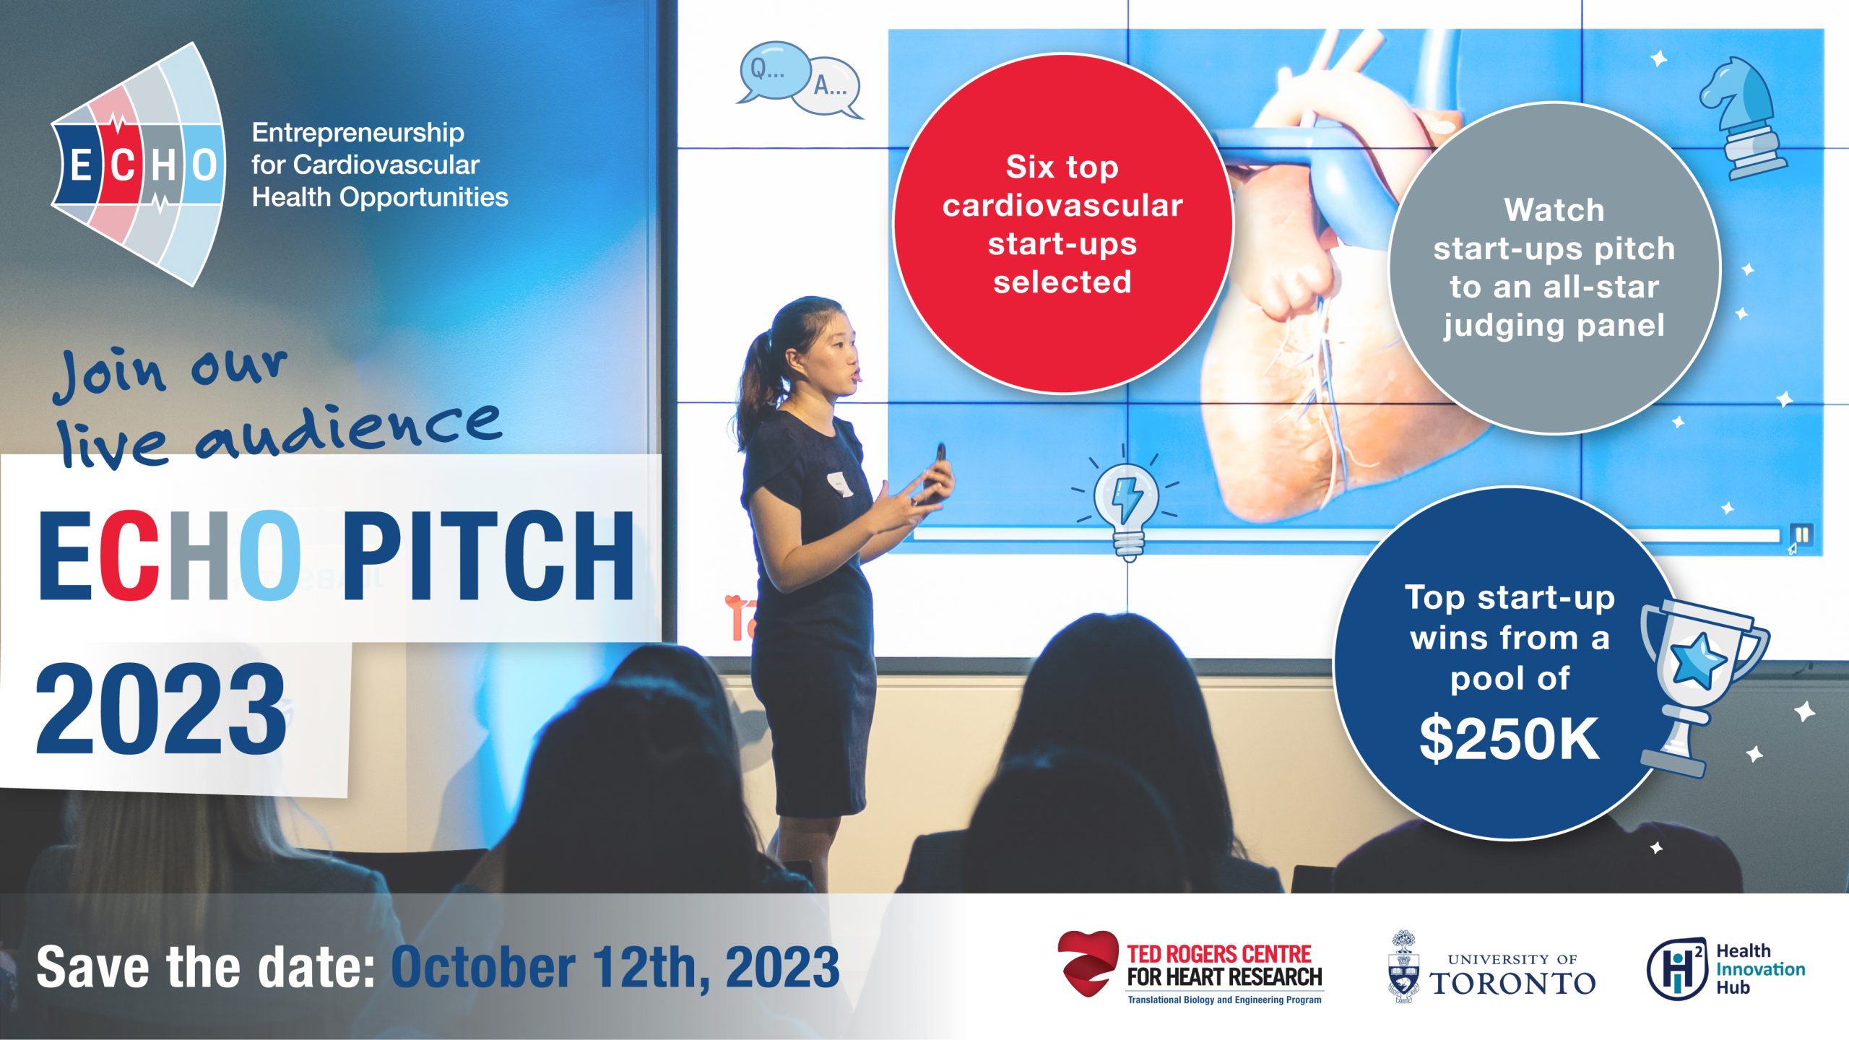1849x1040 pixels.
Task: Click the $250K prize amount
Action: [x=1510, y=739]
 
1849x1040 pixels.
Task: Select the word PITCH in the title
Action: [x=488, y=556]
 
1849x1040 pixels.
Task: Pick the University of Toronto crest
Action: [x=1403, y=966]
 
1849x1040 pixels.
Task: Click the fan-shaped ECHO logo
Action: [x=137, y=165]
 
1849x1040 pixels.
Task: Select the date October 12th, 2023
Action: [x=615, y=968]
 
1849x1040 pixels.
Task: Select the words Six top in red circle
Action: [x=1062, y=167]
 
